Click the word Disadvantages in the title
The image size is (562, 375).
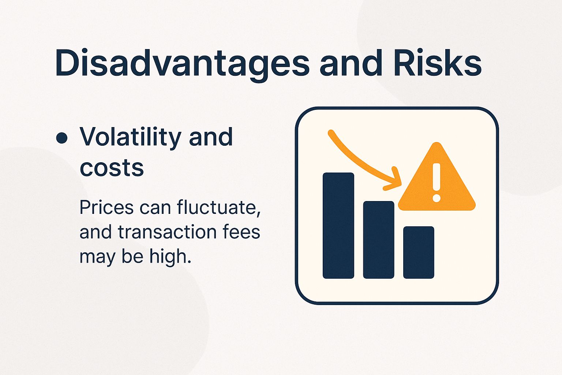(182, 64)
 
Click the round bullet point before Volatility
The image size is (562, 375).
(61, 138)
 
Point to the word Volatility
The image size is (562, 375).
(131, 137)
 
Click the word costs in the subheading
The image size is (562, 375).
(112, 168)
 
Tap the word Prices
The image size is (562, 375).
(106, 207)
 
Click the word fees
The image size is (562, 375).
(240, 232)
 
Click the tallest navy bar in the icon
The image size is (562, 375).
(338, 225)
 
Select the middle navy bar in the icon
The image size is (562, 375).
(378, 240)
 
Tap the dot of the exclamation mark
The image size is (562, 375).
(436, 198)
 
